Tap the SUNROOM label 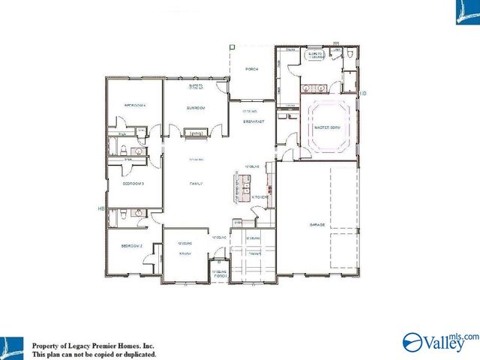tap(196, 108)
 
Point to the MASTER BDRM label tap(327, 128)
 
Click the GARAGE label tap(317, 224)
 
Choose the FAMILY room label tap(197, 184)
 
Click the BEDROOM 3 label tap(133, 183)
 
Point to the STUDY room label tap(184, 253)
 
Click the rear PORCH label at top tap(252, 69)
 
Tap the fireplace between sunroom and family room tap(196, 133)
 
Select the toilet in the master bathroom tap(349, 55)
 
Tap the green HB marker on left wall tap(100, 208)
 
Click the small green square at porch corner tap(232, 46)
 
